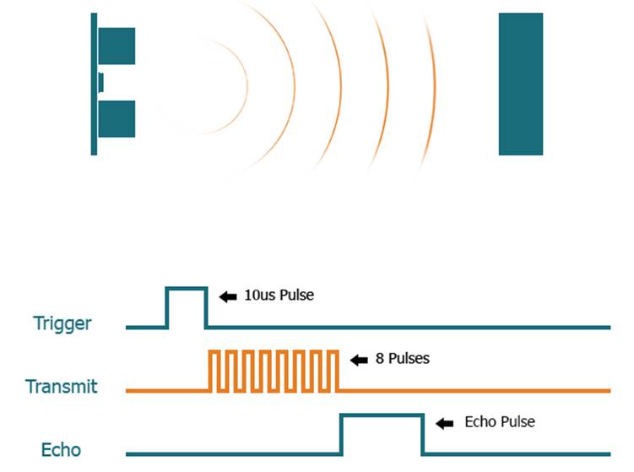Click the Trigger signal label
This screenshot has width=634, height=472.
coord(62,323)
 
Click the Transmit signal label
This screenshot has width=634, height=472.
coord(62,387)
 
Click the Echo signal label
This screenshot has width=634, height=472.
coord(62,450)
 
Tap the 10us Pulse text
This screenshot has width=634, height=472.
coord(278,296)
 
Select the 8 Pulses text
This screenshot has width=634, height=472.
coord(402,359)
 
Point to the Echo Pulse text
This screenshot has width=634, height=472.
coord(500,421)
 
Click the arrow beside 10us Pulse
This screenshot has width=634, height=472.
coord(228,296)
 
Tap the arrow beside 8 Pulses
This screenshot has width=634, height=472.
coord(360,360)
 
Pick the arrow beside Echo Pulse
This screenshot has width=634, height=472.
coord(446,422)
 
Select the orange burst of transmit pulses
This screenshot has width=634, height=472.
coord(274,370)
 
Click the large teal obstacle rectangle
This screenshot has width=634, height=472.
coord(520,84)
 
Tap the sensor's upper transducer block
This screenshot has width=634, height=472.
coord(117,46)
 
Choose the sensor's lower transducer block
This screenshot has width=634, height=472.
coord(117,119)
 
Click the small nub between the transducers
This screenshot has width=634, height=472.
coord(100,82)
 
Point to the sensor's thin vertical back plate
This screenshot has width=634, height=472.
coord(94,84)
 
